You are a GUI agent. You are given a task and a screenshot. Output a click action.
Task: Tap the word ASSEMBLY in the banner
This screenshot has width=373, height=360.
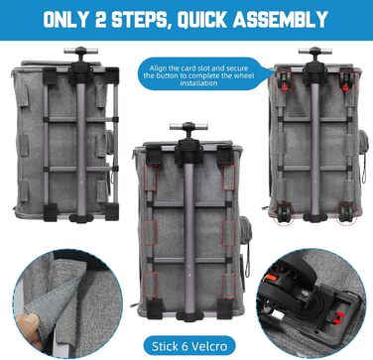pyautogui.click(x=280, y=20)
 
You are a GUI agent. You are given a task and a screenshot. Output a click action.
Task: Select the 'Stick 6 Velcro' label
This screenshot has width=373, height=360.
pyautogui.click(x=189, y=346)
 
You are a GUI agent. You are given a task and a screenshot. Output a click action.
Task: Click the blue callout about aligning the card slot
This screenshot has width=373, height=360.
pyautogui.click(x=202, y=74)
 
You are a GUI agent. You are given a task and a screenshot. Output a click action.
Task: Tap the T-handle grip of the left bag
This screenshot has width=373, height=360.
pyautogui.click(x=80, y=51)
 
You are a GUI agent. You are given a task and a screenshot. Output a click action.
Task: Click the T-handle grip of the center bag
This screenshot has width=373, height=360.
pyautogui.click(x=188, y=126)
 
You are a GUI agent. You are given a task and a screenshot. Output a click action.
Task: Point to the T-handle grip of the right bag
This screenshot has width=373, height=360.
pyautogui.click(x=314, y=51)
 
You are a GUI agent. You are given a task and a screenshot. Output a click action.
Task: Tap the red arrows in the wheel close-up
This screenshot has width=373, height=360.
pyautogui.click(x=337, y=317)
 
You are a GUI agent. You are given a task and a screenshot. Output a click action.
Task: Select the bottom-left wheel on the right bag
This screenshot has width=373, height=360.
pyautogui.click(x=283, y=213)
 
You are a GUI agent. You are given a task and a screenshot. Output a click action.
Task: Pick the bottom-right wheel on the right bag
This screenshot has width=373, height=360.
pyautogui.click(x=345, y=213)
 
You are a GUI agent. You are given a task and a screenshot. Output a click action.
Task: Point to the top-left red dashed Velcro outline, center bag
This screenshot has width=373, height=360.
pyautogui.click(x=151, y=178)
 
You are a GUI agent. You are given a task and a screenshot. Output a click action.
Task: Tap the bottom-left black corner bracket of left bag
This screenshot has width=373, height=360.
pyautogui.click(x=50, y=212)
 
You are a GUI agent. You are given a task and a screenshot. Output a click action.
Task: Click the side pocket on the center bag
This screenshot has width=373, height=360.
pyautogui.click(x=245, y=230)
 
